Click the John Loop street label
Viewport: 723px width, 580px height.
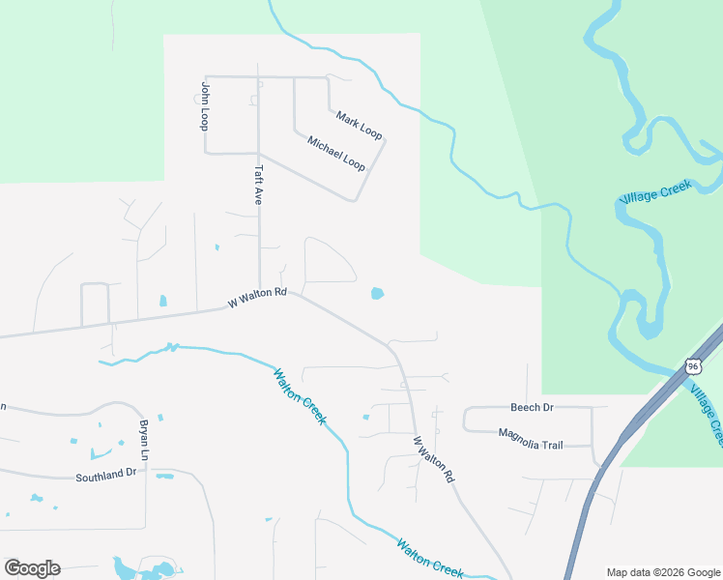(205, 106)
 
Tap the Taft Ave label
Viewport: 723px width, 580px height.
(258, 184)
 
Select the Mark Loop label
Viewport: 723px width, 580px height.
(360, 125)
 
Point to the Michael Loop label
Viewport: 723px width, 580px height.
(336, 155)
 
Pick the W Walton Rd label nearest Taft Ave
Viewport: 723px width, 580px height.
(258, 298)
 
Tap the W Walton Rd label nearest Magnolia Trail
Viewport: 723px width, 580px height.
(434, 459)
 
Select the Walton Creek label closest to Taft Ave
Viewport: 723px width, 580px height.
(300, 397)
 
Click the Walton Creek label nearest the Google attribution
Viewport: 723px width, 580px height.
(430, 558)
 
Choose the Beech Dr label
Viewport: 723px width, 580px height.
(532, 408)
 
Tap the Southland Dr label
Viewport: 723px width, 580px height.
(108, 476)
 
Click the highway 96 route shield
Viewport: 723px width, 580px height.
(691, 365)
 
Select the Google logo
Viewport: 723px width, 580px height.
(32, 568)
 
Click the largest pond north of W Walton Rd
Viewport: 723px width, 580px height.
(377, 293)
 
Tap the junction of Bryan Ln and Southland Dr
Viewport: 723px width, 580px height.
(147, 473)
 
